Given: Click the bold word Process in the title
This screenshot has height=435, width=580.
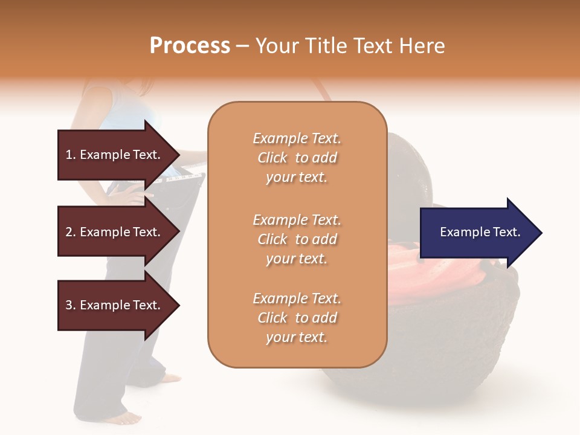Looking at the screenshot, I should tap(190, 46).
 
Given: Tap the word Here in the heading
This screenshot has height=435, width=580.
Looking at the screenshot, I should tap(421, 46).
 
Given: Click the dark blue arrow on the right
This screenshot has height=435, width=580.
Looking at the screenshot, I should tap(477, 233).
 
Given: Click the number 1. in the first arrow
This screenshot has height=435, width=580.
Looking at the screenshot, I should tap(71, 155).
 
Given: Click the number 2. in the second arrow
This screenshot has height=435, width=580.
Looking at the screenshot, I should tap(71, 233).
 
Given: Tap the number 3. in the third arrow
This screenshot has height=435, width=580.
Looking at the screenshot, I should tap(71, 306).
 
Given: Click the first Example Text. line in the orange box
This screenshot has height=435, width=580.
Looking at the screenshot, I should tap(297, 138).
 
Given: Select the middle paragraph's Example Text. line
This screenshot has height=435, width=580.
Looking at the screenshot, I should tap(297, 220).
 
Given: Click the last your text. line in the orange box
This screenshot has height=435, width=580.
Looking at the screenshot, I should tap(297, 337).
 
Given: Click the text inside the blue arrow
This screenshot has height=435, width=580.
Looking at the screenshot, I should tap(480, 232).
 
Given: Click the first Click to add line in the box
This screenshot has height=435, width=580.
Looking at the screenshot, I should tap(297, 158).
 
